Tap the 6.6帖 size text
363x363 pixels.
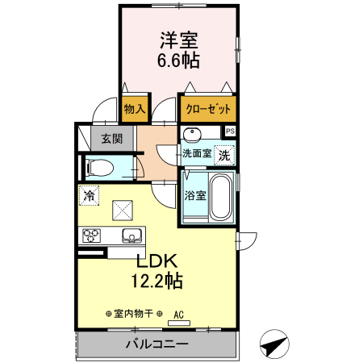(179, 60)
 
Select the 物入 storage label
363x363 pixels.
(134, 108)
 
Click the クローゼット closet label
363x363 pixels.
(208, 108)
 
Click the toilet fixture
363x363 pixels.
(101, 169)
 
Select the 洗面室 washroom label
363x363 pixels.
(195, 153)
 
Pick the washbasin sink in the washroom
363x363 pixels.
(193, 135)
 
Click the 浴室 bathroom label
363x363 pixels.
(194, 194)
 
